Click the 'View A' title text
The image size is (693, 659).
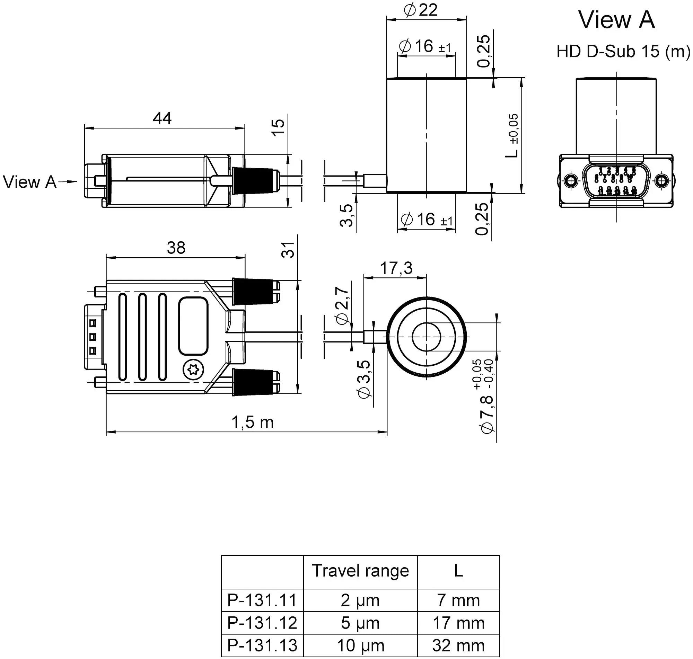coord(616,20)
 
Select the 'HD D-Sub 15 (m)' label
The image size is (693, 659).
coord(623,52)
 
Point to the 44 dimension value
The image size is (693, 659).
coord(162,118)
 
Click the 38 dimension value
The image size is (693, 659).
coord(176,248)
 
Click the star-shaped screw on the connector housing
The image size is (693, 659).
coord(193,370)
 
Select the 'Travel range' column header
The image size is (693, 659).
coord(360,571)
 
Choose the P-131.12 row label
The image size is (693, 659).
coord(262,623)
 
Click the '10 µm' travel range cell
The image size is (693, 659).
coord(360,645)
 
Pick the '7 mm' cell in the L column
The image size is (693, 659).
coord(458,600)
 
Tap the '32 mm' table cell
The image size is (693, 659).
coord(458,645)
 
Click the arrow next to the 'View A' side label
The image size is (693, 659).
coord(68,181)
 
